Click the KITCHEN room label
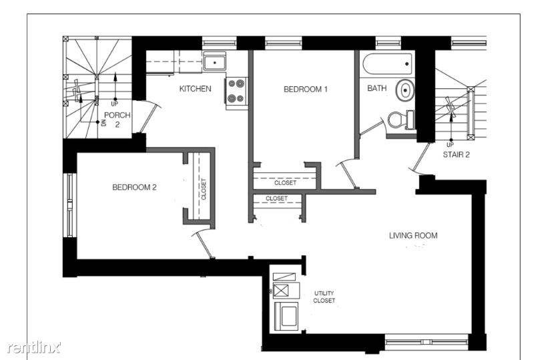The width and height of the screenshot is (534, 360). click(x=195, y=89)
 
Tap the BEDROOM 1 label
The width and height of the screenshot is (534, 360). click(x=306, y=89)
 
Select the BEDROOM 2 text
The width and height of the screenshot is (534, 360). click(x=135, y=187)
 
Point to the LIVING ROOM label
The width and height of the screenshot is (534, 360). click(x=413, y=236)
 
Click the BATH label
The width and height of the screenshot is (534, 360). click(x=376, y=88)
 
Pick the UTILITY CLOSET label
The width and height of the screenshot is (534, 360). click(x=324, y=297)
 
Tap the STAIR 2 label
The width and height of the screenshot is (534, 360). click(x=456, y=155)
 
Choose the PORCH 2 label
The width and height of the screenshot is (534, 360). click(x=117, y=120)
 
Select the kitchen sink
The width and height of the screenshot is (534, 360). click(x=214, y=62)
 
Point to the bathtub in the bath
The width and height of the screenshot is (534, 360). click(x=388, y=63)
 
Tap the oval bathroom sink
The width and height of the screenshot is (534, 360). click(x=405, y=90)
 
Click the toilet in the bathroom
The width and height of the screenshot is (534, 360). click(x=401, y=120)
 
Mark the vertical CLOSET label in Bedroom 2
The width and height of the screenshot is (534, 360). click(x=204, y=189)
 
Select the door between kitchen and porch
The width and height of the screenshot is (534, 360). click(x=147, y=116)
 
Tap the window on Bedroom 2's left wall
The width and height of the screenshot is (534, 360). click(x=70, y=205)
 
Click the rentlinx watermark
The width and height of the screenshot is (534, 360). click(x=33, y=347)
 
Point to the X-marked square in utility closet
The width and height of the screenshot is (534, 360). click(x=281, y=291)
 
